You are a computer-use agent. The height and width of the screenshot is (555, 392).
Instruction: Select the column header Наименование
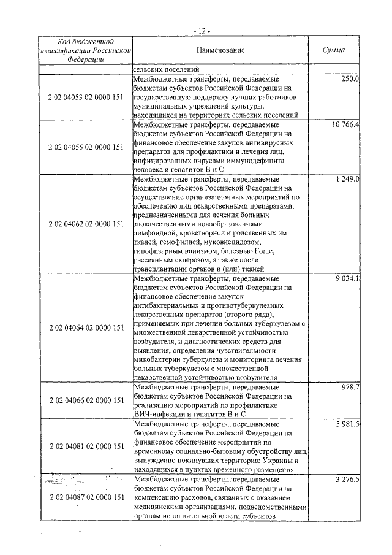point(221,50)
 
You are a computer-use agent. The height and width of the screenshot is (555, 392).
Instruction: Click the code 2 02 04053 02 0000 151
point(86,97)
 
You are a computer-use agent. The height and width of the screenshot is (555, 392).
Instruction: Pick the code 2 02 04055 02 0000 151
point(86,147)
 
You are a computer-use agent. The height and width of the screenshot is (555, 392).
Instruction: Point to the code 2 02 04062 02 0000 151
point(86,224)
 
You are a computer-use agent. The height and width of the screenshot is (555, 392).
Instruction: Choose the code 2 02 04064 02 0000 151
point(86,328)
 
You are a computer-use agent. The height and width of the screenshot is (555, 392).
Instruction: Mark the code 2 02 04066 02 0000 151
point(86,400)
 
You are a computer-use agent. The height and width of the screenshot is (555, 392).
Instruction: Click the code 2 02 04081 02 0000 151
point(86,446)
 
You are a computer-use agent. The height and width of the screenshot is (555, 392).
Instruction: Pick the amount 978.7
point(349,387)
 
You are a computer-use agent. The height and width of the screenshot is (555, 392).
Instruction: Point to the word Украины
point(276,460)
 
